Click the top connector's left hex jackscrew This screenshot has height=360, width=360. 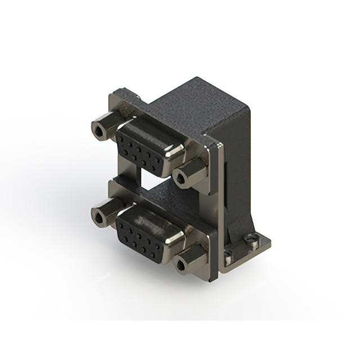(105, 129)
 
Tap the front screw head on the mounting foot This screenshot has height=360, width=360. (228, 259)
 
